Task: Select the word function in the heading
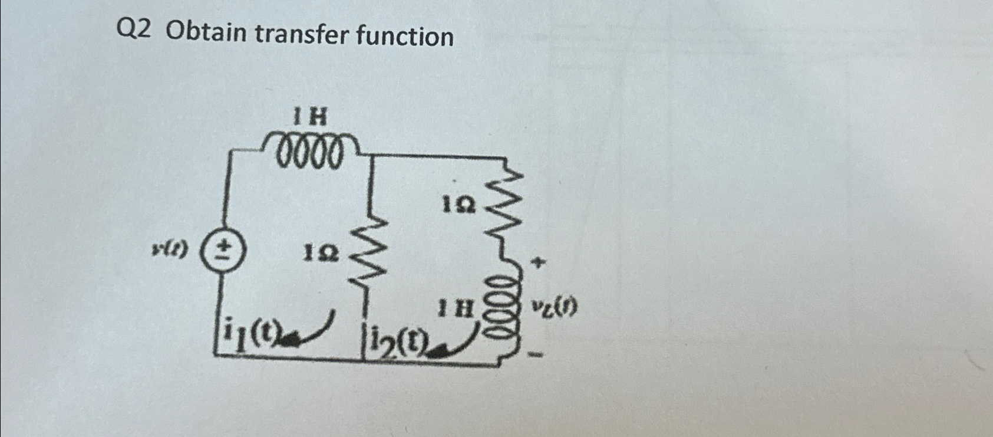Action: click(405, 36)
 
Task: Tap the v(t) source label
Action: click(170, 250)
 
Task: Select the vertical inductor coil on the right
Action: click(507, 310)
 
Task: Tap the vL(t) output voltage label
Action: click(555, 307)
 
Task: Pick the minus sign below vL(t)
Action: click(537, 356)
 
